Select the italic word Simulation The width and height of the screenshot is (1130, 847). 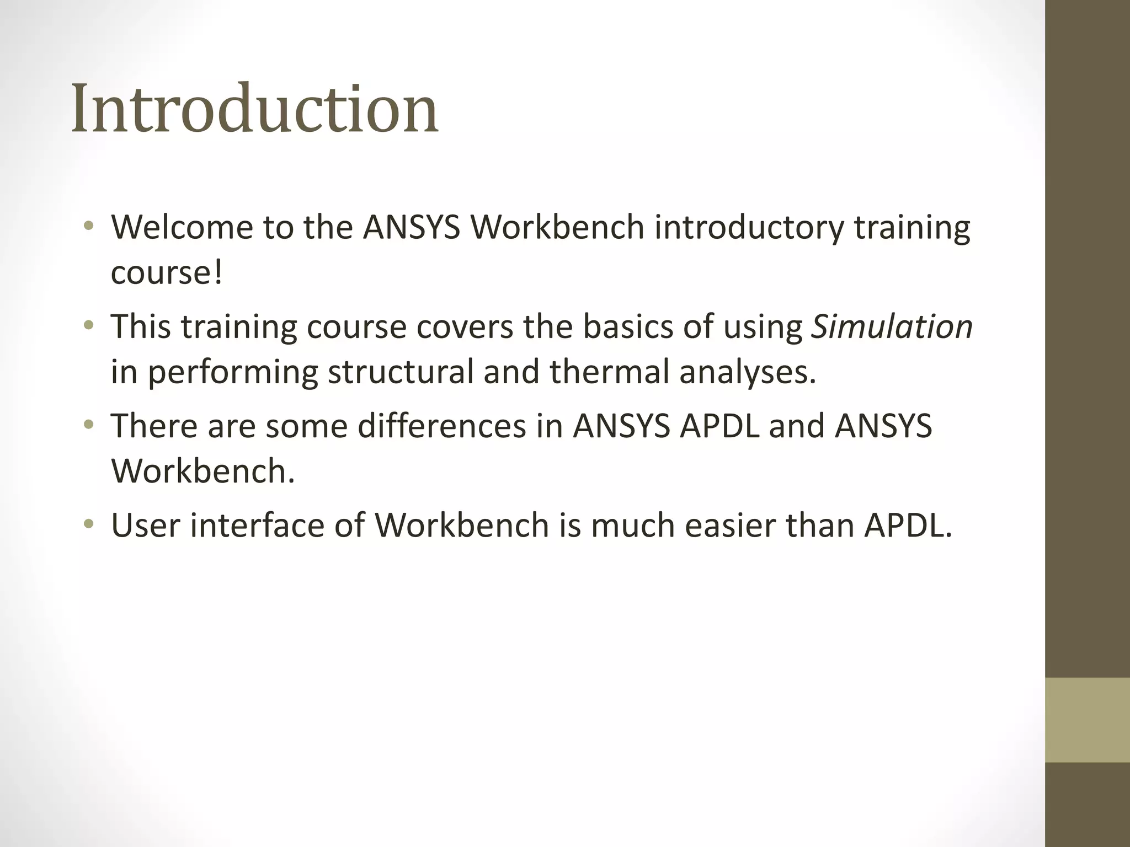tap(891, 326)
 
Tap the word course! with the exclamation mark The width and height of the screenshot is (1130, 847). tap(167, 272)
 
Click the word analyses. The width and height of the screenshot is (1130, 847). tap(748, 371)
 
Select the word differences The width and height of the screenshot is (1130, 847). tap(442, 426)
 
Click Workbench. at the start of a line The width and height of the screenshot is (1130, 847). tap(203, 471)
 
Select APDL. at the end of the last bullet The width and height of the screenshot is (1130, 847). tap(908, 525)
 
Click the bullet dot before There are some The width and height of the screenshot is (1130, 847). tap(88, 425)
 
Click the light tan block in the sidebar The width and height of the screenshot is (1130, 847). tap(1087, 720)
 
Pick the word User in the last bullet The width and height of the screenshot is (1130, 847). tap(146, 525)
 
